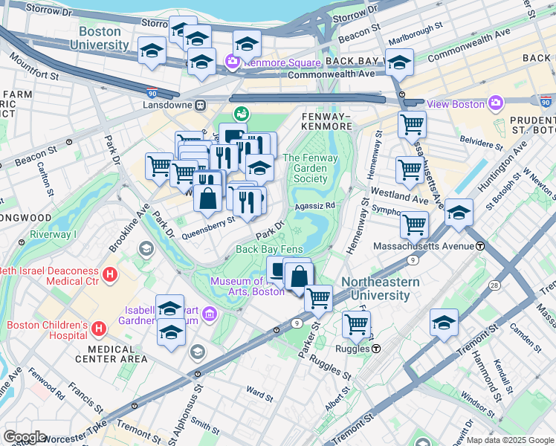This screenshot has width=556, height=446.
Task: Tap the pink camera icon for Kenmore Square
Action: pyautogui.click(x=232, y=62)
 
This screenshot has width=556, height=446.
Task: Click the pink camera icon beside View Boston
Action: pyautogui.click(x=495, y=103)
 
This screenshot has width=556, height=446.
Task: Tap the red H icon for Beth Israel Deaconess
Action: pyautogui.click(x=110, y=275)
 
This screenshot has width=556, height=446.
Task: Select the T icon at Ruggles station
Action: pyautogui.click(x=377, y=348)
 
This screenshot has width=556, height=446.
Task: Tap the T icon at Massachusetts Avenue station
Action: pyautogui.click(x=480, y=246)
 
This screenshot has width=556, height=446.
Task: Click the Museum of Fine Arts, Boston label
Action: pyautogui.click(x=247, y=286)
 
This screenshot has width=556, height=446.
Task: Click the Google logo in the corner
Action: pyautogui.click(x=24, y=437)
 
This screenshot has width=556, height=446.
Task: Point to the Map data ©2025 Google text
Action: pyautogui.click(x=510, y=440)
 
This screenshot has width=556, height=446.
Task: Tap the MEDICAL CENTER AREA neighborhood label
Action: pyautogui.click(x=113, y=354)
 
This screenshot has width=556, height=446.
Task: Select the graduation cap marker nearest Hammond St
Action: pyautogui.click(x=444, y=323)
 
